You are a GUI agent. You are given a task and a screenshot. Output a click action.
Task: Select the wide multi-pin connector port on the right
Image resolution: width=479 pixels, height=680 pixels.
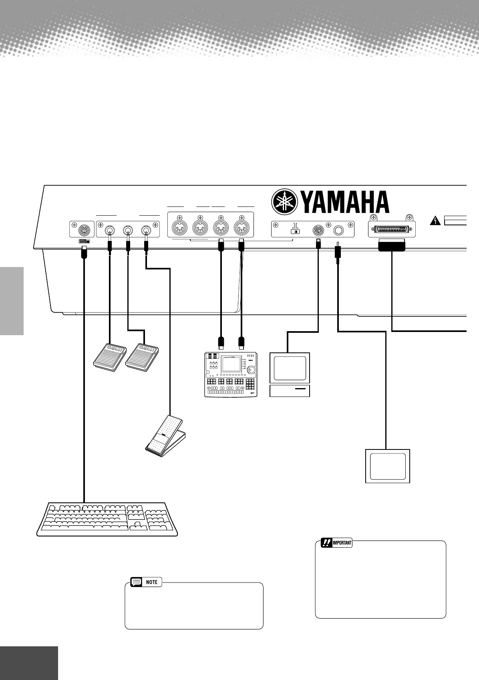click(392, 230)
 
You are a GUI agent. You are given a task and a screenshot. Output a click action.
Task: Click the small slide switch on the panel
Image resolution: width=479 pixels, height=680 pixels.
click(296, 231)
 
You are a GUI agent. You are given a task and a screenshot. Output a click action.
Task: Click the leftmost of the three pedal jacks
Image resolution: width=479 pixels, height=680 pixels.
click(109, 230)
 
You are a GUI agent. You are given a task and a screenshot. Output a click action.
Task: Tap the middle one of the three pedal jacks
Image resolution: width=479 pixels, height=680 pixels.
click(128, 230)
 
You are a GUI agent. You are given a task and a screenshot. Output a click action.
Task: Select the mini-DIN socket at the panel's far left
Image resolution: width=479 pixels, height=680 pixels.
click(82, 230)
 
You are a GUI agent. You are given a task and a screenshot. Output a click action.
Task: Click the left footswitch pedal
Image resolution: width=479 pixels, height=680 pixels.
click(109, 355)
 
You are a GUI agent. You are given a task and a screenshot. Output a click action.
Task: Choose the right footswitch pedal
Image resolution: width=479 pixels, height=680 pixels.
click(142, 355)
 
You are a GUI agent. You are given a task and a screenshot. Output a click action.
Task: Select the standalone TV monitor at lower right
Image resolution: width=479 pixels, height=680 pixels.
click(387, 466)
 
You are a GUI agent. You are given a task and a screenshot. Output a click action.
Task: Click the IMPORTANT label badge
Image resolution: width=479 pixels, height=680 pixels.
click(337, 543)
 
